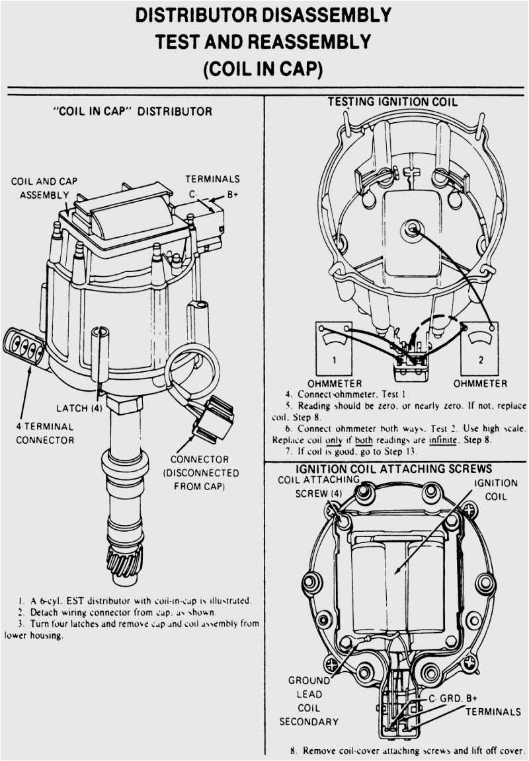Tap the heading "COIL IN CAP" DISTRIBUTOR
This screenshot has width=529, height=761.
pos(132,111)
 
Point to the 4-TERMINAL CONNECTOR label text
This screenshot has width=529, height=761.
pos(44,433)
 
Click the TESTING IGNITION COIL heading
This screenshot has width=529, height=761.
pos(392,102)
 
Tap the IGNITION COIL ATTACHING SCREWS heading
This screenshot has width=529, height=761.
pos(394,468)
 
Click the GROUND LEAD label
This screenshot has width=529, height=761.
pos(309,687)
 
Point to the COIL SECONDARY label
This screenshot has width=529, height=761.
pos(309,715)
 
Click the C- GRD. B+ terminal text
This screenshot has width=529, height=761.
pos(453,698)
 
